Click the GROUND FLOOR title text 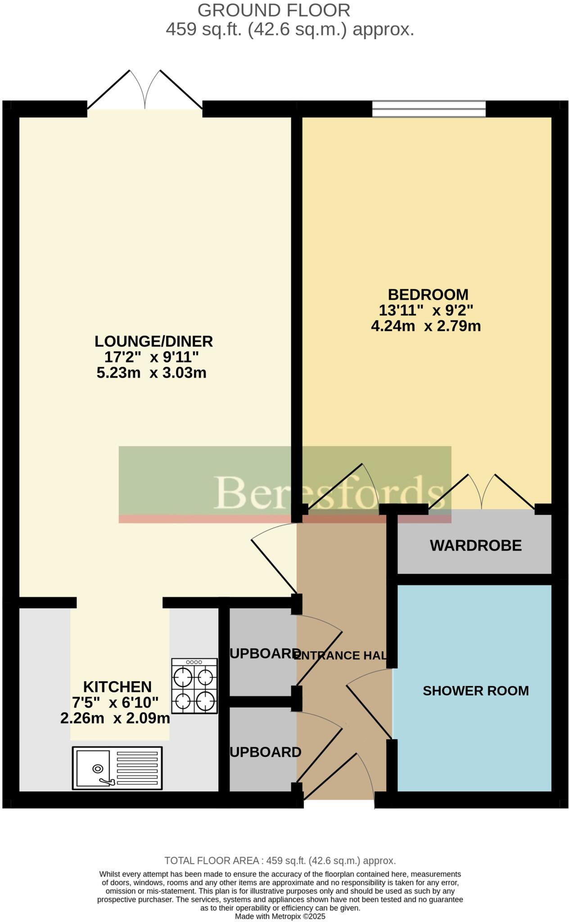pos(274,10)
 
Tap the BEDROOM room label pos(428,294)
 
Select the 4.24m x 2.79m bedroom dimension pos(425,326)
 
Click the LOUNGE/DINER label pos(154,341)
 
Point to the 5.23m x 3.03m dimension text pos(151,373)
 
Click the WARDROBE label pos(475,545)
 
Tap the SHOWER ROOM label pos(475,691)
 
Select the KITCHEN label pos(117,687)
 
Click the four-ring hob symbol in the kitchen pos(194,686)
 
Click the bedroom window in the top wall pos(429,108)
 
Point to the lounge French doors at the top pos(145,92)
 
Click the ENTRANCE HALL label pos(340,655)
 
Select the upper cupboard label pos(265,654)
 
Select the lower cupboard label pos(265,752)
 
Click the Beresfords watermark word pos(329,493)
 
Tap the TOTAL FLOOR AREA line pos(280,861)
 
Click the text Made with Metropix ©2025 pos(280,916)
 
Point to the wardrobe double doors pos(482,493)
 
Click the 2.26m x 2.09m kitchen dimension pos(115,718)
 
